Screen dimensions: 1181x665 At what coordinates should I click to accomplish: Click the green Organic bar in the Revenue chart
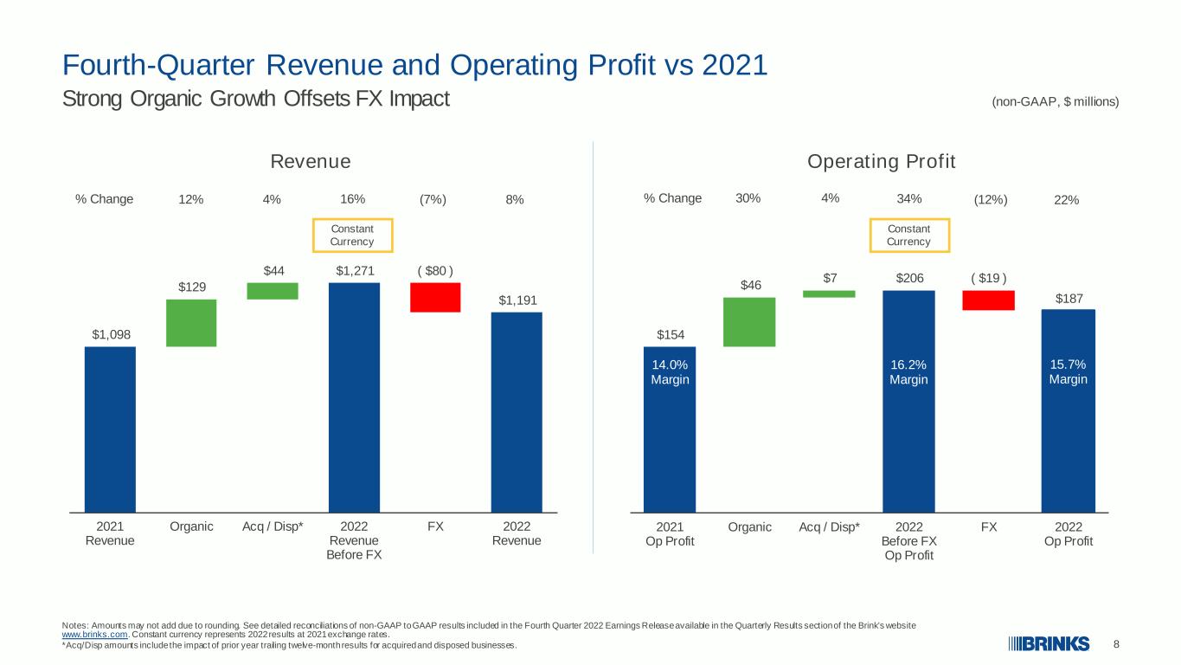tap(191, 323)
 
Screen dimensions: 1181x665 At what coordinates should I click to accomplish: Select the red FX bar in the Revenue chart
tap(435, 297)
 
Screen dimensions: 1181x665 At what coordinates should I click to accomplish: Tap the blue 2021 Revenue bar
tap(110, 429)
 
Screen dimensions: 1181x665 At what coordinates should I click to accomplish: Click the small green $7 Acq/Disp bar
tap(829, 294)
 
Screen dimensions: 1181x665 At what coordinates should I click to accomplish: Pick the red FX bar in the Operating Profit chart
tap(989, 300)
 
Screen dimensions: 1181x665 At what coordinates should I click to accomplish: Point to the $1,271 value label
tap(355, 271)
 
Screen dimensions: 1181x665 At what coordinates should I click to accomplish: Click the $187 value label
tap(1069, 299)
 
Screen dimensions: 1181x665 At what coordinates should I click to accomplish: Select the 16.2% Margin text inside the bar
tap(908, 372)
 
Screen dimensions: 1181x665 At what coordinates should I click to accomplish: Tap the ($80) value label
tap(435, 271)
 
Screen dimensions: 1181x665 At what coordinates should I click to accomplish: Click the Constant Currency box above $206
tap(909, 220)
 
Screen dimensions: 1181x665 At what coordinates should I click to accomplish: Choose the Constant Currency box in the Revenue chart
tap(353, 220)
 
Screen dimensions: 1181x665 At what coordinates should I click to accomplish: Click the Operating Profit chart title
tap(881, 162)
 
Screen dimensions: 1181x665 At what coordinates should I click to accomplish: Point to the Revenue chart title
tap(311, 162)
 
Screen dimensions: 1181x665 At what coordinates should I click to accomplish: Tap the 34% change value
tap(909, 199)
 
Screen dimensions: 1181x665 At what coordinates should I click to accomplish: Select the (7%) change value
tap(433, 199)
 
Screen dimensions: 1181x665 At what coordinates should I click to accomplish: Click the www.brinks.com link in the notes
tap(95, 635)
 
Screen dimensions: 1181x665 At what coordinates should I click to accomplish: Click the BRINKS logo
tap(1049, 644)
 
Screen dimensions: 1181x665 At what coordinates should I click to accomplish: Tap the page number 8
tap(1116, 644)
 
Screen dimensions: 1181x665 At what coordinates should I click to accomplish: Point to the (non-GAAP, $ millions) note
tap(1056, 102)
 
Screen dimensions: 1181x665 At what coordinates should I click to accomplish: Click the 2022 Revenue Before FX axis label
tap(354, 540)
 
